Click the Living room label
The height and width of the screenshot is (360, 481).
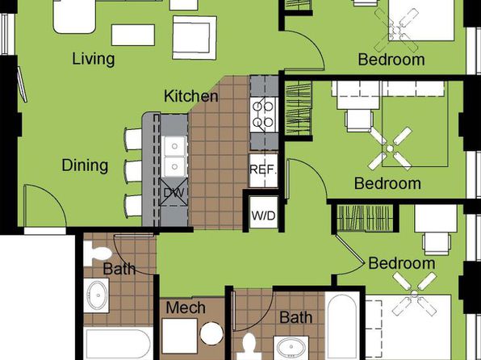pos(94,59)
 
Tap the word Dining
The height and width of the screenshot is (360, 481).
pos(85,165)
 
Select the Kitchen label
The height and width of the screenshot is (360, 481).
pos(190,96)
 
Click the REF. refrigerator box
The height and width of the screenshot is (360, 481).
pos(263,170)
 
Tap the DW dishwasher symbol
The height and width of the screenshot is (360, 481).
pos(174,192)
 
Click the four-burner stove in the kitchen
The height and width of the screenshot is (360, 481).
pos(264,115)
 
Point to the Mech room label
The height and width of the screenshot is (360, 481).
pos(186,308)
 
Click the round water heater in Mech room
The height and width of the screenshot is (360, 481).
pos(211,333)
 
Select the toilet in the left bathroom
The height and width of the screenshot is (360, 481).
pos(98,253)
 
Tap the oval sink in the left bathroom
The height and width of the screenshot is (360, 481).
pos(97,295)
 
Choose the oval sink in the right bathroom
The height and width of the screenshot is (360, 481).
pos(291,348)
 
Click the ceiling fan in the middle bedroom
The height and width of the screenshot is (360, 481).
pos(390,149)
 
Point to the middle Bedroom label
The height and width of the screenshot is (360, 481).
pos(387,183)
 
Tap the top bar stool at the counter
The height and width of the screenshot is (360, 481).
pos(133,140)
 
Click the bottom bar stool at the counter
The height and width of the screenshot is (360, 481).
pos(133,206)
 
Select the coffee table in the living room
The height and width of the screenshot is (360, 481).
pos(133,35)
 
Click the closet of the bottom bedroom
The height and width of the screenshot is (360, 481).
pos(365,218)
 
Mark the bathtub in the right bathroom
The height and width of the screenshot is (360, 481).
pos(342,326)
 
